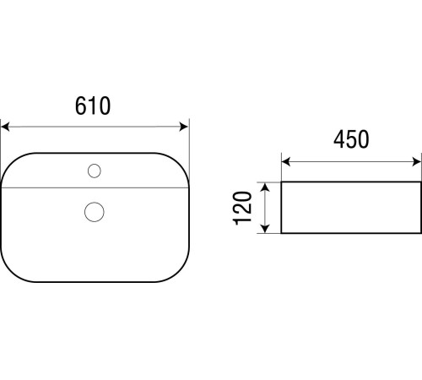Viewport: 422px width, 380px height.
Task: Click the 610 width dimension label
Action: click(93, 106)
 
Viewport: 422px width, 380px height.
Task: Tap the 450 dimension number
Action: click(351, 139)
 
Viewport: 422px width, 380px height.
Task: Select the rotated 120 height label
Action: click(242, 209)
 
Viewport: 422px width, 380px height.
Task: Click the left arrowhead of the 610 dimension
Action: click(5, 127)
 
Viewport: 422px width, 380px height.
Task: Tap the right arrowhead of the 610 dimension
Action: click(184, 127)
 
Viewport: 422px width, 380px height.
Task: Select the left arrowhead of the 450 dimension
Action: click(286, 162)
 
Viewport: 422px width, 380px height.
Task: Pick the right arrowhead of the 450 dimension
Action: click(416, 162)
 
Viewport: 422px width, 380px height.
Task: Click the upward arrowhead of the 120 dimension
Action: click(265, 187)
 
